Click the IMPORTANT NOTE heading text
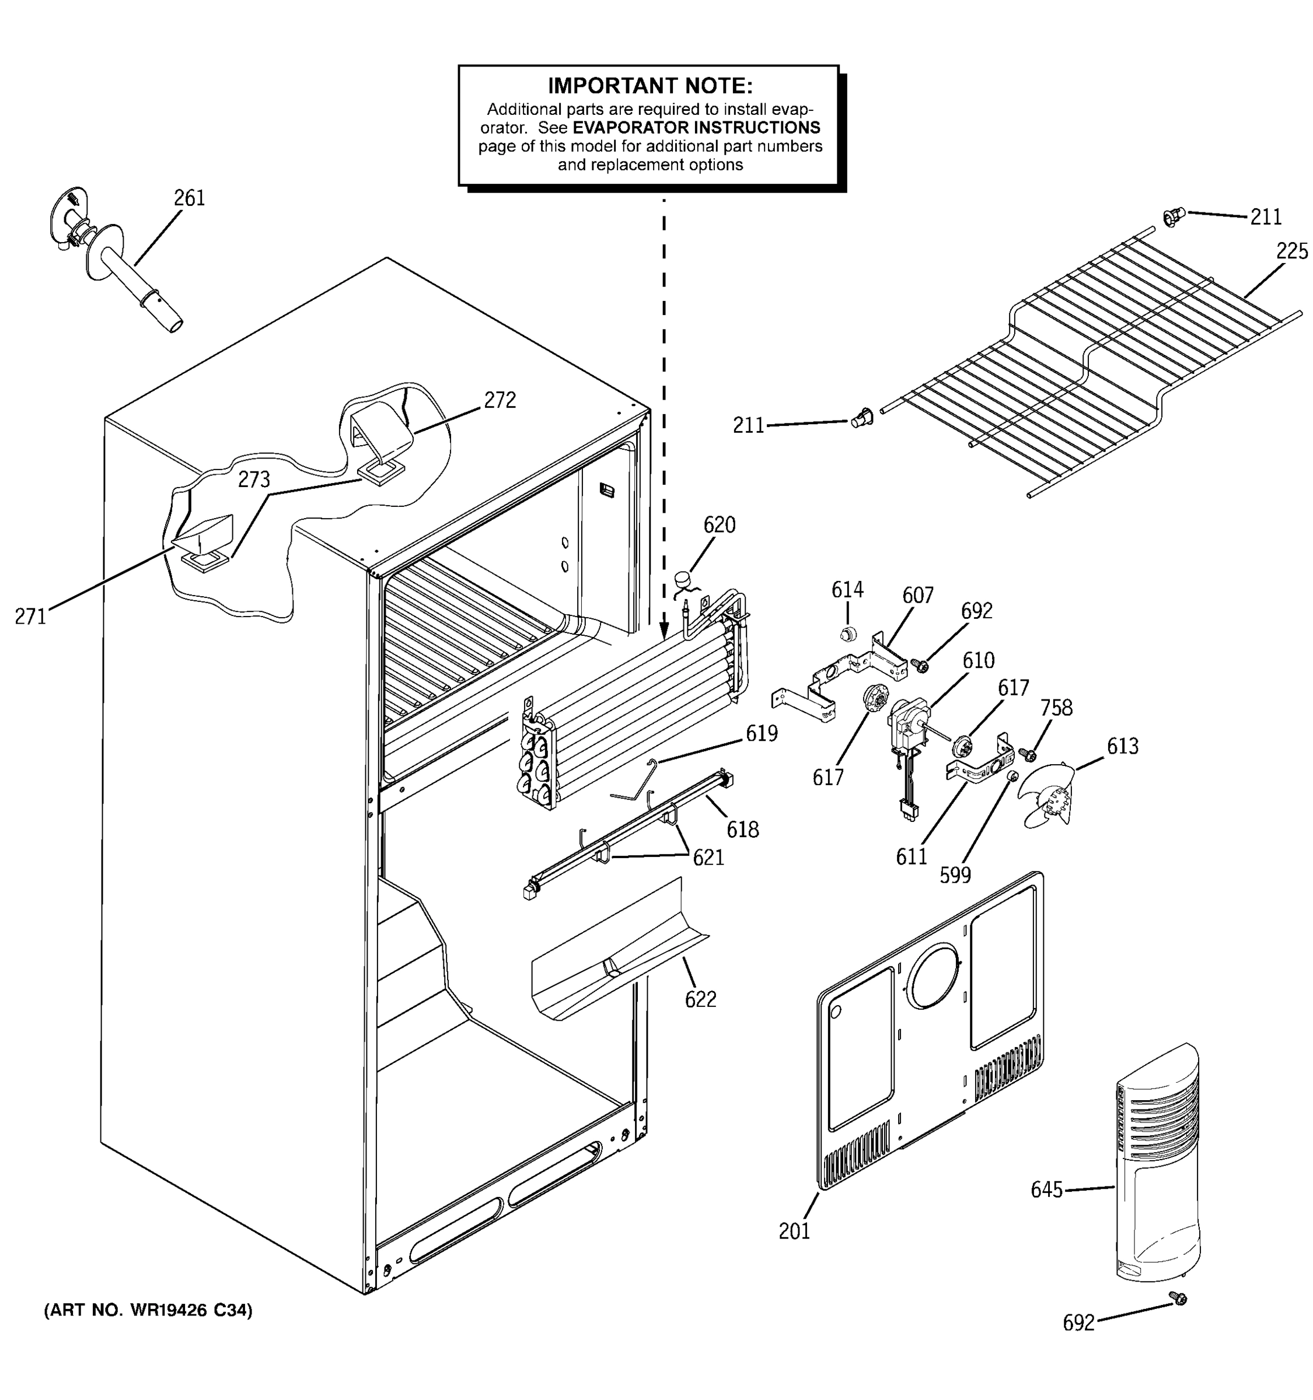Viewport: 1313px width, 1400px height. [x=649, y=86]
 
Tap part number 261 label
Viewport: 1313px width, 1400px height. [x=190, y=198]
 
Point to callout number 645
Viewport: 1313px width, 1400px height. [x=1046, y=1190]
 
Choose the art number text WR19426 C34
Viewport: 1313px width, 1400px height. [x=148, y=1311]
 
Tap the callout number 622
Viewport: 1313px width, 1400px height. [x=700, y=999]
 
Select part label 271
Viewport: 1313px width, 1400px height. [x=30, y=617]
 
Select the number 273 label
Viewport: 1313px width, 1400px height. [x=254, y=480]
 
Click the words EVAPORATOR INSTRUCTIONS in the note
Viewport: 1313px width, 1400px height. [x=696, y=128]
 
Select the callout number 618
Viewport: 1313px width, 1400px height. [x=742, y=829]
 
